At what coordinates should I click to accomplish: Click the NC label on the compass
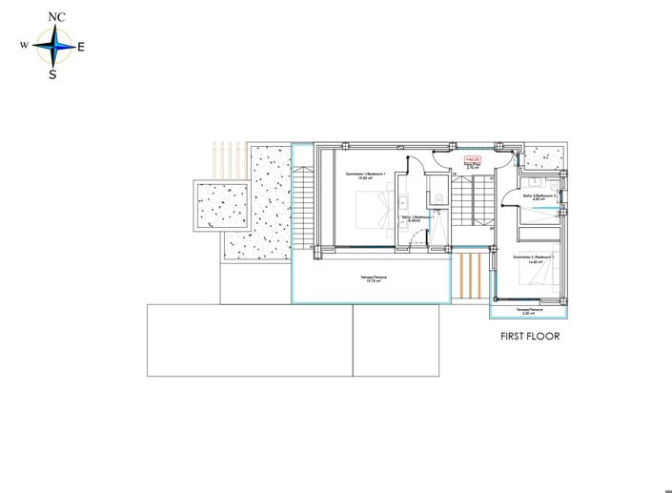56,16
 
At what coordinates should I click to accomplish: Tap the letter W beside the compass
23,45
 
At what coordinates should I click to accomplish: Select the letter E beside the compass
81,47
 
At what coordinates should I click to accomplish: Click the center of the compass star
55,44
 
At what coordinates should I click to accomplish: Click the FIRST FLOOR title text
529,337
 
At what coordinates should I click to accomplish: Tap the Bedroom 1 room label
358,175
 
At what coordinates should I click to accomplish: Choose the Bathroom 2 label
540,197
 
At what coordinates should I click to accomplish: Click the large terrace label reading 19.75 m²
373,279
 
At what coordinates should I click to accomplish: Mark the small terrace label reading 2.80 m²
530,311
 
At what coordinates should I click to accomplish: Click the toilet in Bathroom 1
437,196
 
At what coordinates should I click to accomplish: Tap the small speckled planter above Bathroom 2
544,156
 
